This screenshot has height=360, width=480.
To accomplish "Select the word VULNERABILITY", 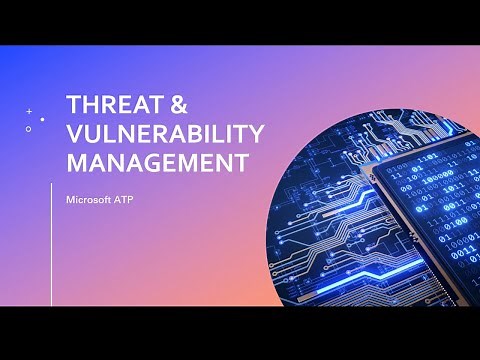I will [164, 133].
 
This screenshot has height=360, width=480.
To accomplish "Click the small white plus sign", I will [29, 111].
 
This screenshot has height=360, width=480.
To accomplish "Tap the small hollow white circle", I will [28, 129].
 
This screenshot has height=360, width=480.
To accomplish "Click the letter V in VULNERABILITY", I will [72, 133].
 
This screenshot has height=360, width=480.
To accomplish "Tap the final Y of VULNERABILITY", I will [255, 133].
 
